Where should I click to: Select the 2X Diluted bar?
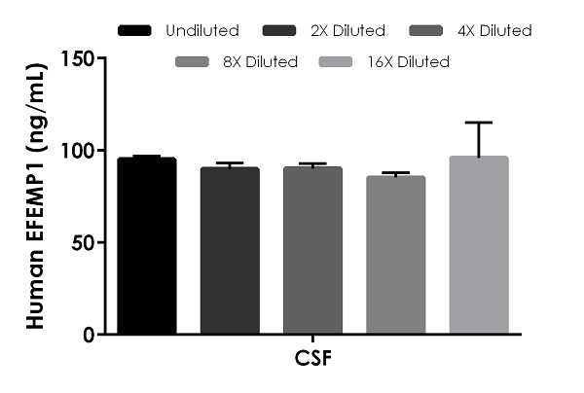pos(230,251)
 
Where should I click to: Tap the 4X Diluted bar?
pos(312,251)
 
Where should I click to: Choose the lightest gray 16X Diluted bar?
pos(479,245)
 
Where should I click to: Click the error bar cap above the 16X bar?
pos(479,123)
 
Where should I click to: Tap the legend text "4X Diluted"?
pos(493,30)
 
